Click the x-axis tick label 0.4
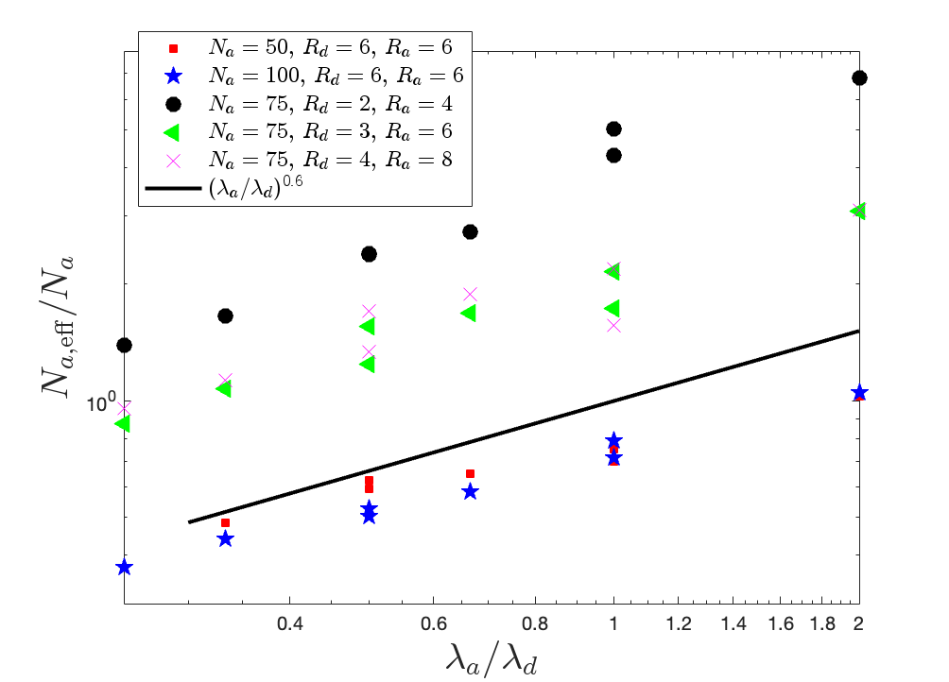pyautogui.click(x=289, y=623)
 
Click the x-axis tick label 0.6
pyautogui.click(x=433, y=623)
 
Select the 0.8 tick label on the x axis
pyautogui.click(x=535, y=623)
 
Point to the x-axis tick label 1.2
pyautogui.click(x=679, y=623)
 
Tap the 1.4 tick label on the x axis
pyautogui.click(x=733, y=623)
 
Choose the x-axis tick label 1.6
pyautogui.click(x=781, y=623)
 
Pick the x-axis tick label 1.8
pyautogui.click(x=822, y=623)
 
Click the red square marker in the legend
pyautogui.click(x=174, y=48)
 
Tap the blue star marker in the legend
pyautogui.click(x=174, y=76)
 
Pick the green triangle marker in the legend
pyautogui.click(x=172, y=132)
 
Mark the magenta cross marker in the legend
pyautogui.click(x=174, y=161)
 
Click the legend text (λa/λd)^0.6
pyautogui.click(x=255, y=187)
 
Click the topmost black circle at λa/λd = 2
pyautogui.click(x=859, y=77)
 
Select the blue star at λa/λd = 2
pyautogui.click(x=859, y=393)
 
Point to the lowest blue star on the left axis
pyautogui.click(x=124, y=567)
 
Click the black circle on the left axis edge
pyautogui.click(x=124, y=345)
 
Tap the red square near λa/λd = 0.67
pyautogui.click(x=471, y=473)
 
